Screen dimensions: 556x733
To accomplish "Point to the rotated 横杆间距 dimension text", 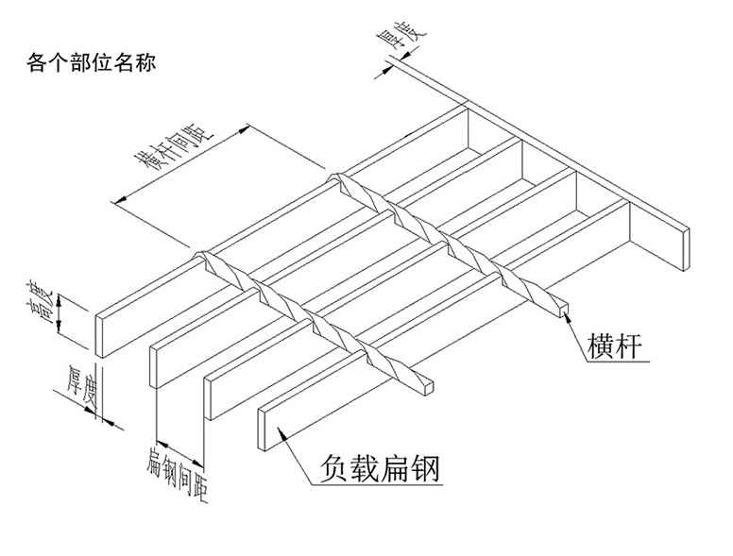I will pos(173,146).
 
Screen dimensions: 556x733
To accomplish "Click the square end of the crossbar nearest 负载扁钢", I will pos(430,386).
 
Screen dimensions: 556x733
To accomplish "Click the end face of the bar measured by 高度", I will pos(98,334).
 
